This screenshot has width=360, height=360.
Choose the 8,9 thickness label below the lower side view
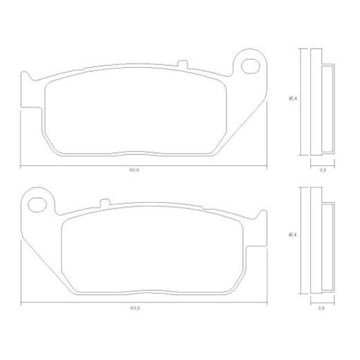click(x=322, y=306)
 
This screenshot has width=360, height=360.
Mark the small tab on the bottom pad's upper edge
click(x=104, y=203)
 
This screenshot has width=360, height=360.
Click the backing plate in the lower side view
click(x=316, y=239)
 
